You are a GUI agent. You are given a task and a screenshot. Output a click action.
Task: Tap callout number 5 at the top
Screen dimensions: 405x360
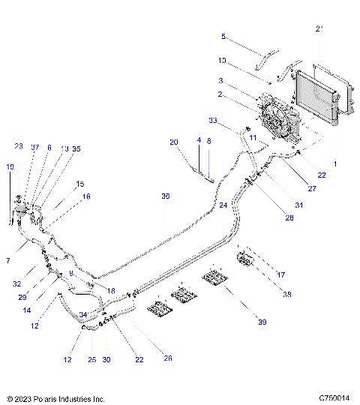223,36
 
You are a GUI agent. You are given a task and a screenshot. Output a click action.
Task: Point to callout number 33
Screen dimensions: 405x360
212,121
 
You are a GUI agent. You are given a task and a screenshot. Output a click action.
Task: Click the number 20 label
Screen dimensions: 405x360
173,142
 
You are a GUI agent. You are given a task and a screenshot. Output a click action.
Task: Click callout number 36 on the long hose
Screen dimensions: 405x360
166,196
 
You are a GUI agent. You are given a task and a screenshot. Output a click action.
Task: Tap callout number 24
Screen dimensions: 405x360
223,204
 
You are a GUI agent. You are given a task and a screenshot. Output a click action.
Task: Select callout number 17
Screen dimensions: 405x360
282,275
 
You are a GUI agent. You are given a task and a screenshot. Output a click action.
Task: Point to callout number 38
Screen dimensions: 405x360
286,295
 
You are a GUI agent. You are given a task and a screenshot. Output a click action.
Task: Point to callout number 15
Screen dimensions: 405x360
80,184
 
